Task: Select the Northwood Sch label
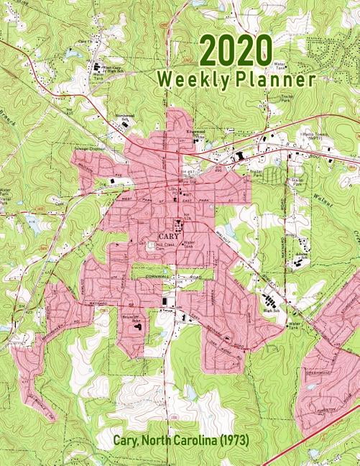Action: coord(126,118)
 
